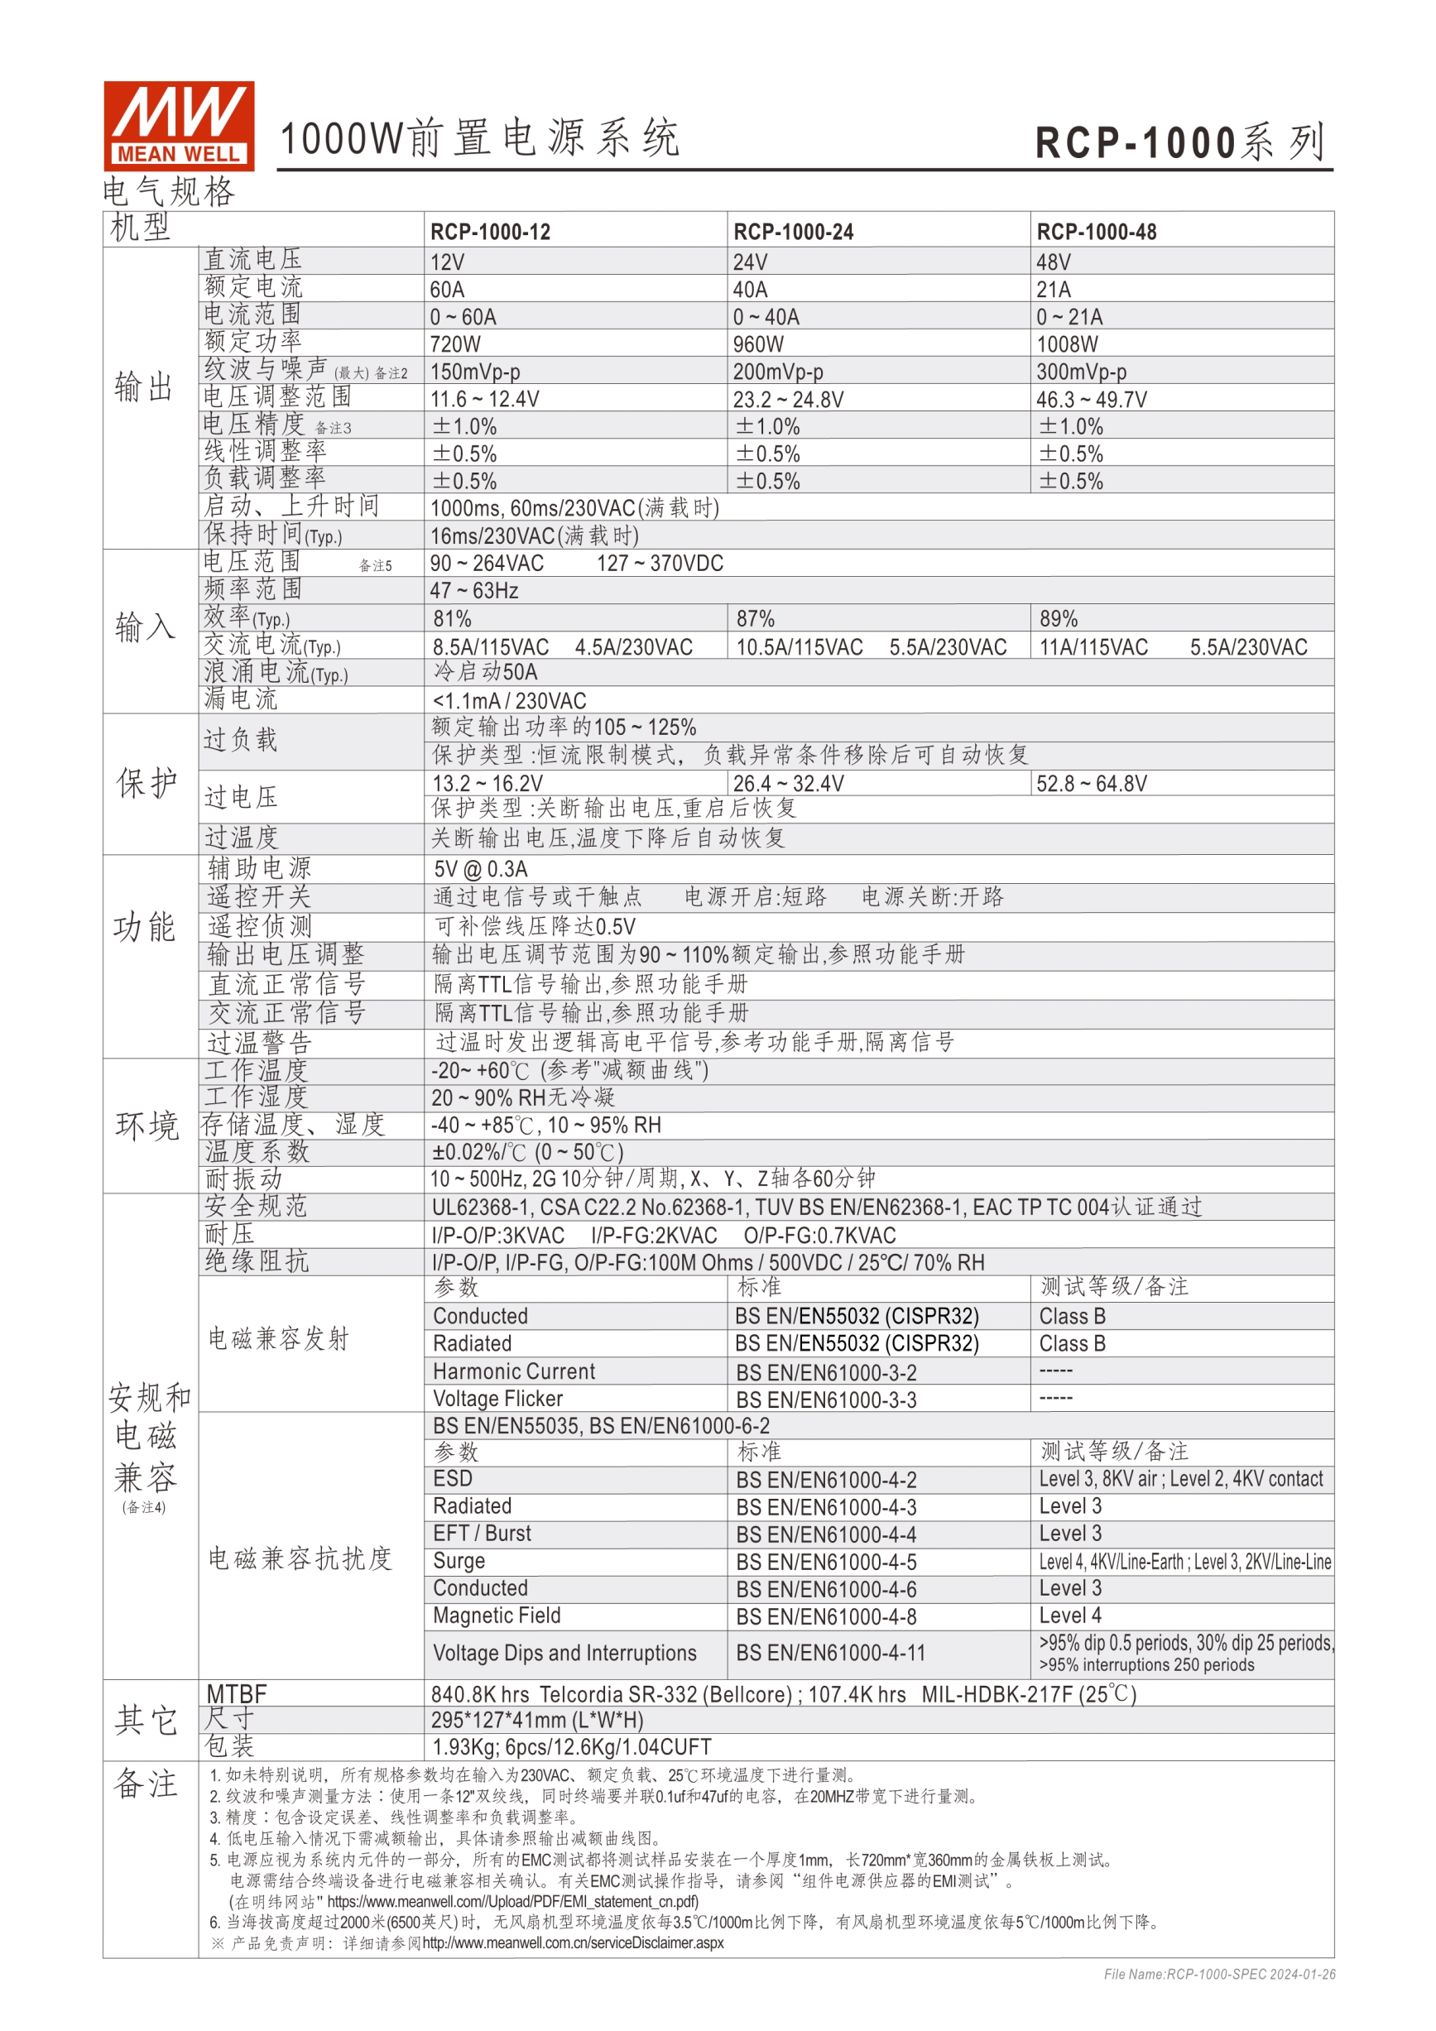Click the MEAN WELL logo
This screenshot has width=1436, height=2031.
tap(179, 126)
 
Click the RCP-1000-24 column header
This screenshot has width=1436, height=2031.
tap(793, 232)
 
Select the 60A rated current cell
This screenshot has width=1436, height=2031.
tap(448, 290)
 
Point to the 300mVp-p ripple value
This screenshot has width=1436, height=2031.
tap(1081, 372)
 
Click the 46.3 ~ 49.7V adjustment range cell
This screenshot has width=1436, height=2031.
tap(1091, 399)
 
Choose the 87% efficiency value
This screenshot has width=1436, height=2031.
tap(755, 618)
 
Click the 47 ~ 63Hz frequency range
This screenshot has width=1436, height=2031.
tap(474, 590)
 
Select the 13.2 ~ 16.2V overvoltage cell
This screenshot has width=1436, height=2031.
tap(487, 783)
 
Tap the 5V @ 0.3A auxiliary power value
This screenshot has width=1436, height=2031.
tap(480, 869)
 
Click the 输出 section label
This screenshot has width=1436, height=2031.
tap(143, 387)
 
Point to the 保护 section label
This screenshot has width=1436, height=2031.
tap(146, 783)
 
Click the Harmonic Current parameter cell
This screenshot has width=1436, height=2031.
tap(513, 1371)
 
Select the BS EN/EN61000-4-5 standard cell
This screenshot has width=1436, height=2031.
tap(825, 1561)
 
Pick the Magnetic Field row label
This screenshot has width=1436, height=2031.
tap(497, 1616)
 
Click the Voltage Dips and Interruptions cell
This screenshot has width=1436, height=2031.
tap(564, 1653)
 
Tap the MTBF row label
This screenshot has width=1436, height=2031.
tap(236, 1693)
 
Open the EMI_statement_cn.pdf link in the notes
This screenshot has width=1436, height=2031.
tap(513, 1901)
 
